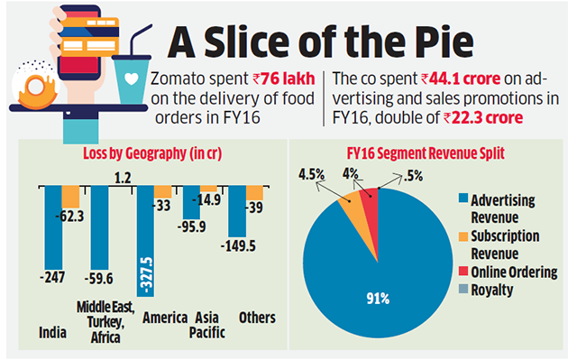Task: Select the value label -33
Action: click(x=162, y=205)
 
